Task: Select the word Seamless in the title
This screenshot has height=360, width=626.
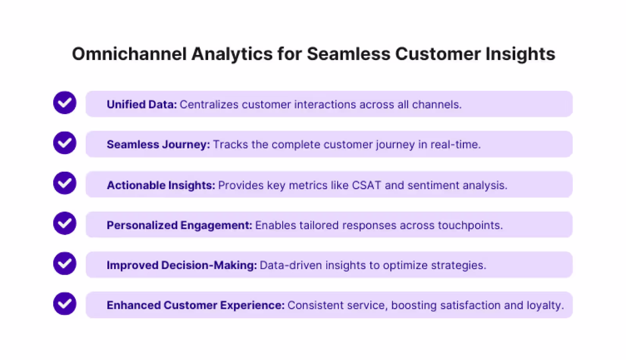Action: click(x=348, y=54)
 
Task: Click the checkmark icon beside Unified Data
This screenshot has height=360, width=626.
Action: click(x=65, y=103)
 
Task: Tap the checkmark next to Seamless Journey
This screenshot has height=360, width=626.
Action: click(x=65, y=143)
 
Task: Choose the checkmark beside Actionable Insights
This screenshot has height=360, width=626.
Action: click(x=65, y=183)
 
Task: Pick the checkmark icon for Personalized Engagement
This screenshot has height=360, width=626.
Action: click(x=65, y=223)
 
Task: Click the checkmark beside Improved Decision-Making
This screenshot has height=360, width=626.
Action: click(x=65, y=263)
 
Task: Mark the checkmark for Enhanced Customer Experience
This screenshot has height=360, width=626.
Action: click(x=65, y=304)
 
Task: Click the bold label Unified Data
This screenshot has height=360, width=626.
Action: click(x=142, y=104)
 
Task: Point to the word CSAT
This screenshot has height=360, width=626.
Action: click(x=366, y=185)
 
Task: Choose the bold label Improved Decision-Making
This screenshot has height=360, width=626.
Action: click(x=182, y=265)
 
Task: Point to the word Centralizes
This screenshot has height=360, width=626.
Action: click(x=209, y=104)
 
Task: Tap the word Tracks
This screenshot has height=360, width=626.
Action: click(x=230, y=144)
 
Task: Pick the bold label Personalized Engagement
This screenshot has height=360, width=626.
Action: click(x=179, y=225)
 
